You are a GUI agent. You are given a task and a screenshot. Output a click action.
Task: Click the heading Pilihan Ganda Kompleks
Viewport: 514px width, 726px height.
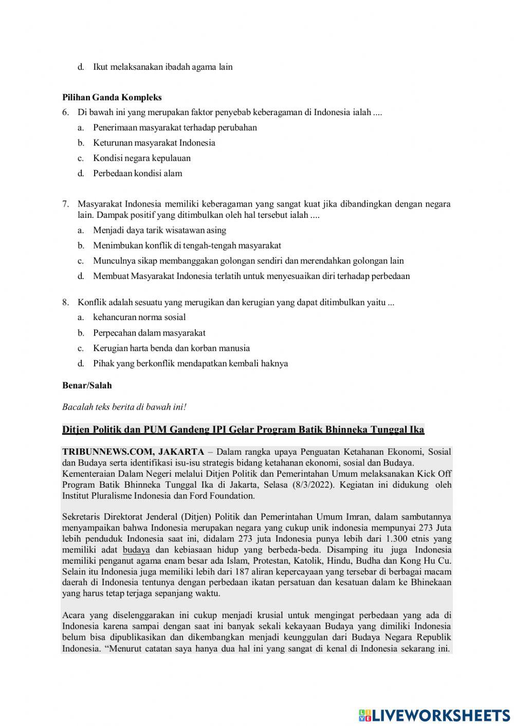[x=112, y=97]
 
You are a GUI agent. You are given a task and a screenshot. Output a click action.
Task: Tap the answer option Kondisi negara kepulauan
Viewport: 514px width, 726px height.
[x=141, y=158]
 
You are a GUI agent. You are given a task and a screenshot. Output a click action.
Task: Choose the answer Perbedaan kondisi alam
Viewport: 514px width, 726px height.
[x=137, y=174]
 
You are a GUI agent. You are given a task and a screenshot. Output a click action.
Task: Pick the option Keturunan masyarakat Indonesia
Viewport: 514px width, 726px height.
[x=154, y=143]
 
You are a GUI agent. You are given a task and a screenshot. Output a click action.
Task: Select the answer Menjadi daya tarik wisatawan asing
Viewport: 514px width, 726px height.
[x=159, y=230]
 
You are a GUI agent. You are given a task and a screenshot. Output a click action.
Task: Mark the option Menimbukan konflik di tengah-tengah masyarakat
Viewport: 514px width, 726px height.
[x=187, y=246]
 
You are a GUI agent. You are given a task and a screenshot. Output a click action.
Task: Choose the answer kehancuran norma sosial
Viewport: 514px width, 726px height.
[x=139, y=318]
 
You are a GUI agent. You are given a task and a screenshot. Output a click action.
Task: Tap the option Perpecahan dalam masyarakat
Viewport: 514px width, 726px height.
[x=149, y=333]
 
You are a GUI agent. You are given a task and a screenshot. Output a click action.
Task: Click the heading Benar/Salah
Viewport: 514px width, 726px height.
[x=87, y=385]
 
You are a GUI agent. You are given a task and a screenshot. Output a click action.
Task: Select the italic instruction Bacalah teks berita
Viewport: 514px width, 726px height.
[x=124, y=407]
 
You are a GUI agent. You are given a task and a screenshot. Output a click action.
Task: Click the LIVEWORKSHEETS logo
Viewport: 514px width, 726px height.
[x=434, y=715]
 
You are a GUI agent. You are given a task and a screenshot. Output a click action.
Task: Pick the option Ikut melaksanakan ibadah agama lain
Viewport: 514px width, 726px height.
[x=162, y=67]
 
